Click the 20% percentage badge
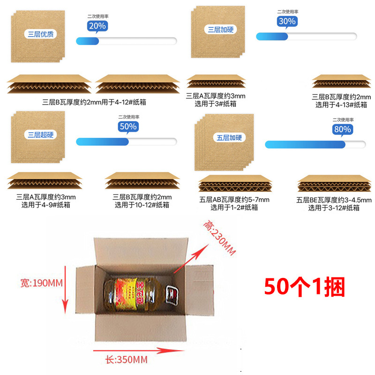click(97, 26)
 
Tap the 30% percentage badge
click(287, 21)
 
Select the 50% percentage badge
click(127, 127)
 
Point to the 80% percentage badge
click(342, 129)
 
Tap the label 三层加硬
click(220, 30)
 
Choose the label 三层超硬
click(37, 135)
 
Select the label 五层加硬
click(229, 138)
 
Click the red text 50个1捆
click(305, 285)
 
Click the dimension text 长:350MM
click(126, 360)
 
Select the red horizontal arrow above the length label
click(131, 350)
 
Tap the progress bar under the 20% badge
click(126, 41)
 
